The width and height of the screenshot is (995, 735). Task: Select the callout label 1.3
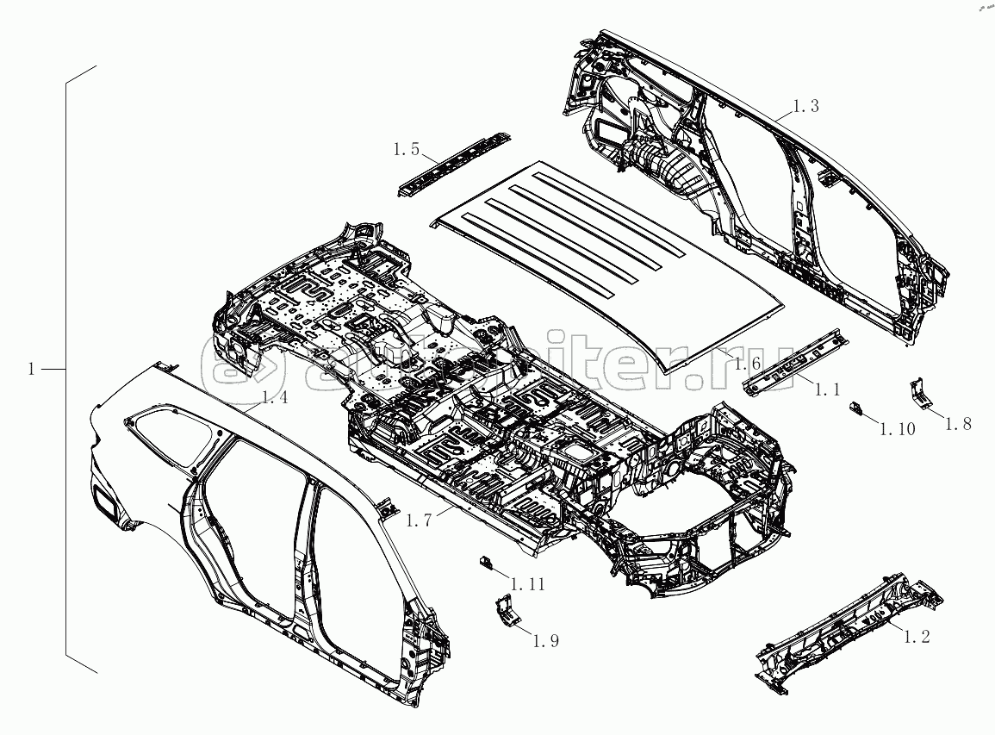[805, 106]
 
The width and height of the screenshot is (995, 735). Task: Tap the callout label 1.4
[275, 397]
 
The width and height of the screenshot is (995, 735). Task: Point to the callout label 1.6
[747, 364]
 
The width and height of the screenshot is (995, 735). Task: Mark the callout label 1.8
[959, 423]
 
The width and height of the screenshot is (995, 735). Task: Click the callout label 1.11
[527, 584]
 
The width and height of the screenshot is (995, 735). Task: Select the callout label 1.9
[546, 640]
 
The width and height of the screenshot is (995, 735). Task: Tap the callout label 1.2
[916, 637]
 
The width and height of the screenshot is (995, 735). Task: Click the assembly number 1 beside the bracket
[31, 369]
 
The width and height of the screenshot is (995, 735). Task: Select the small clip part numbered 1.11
[486, 563]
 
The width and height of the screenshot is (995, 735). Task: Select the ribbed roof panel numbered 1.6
[612, 258]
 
